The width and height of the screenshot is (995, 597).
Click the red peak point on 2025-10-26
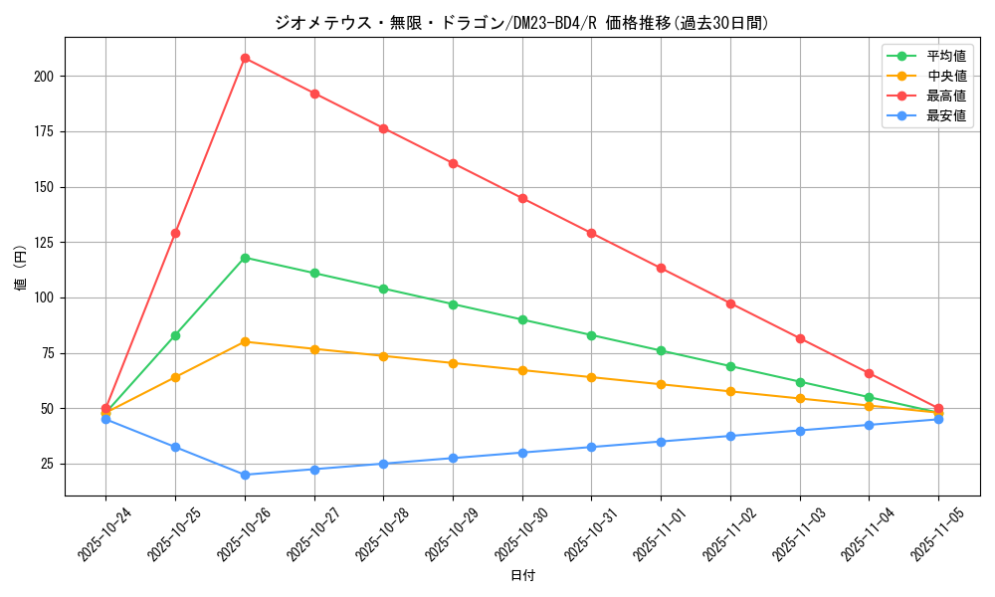coord(245,58)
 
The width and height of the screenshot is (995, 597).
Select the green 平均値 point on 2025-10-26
coord(245,258)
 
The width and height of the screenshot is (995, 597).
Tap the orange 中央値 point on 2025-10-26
coord(245,341)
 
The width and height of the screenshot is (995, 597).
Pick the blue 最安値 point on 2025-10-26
coord(245,475)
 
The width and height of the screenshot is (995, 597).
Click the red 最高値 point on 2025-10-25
coord(175,233)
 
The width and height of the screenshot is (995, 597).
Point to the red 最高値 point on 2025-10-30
coord(522,198)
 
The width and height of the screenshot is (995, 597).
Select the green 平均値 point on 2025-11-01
coord(661,350)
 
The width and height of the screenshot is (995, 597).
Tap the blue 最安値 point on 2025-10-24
coord(105,419)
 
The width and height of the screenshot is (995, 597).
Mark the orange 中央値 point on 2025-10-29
coord(453,363)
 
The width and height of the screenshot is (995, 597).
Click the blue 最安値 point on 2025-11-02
coord(730,436)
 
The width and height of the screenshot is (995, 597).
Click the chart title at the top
coord(521,23)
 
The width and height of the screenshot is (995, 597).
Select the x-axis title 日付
coord(522,576)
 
